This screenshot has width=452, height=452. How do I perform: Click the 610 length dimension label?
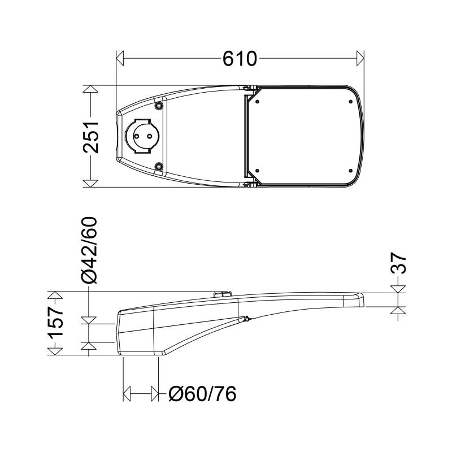click(240, 59)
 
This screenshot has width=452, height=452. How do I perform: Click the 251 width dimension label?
click(91, 137)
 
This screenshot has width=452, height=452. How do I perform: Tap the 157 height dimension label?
click(55, 323)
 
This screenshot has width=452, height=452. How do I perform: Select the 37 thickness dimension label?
click(398, 263)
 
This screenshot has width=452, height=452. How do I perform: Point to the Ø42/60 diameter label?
click(89, 250)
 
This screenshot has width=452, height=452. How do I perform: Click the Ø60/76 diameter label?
click(202, 394)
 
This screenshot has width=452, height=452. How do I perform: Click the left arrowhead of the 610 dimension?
click(120, 58)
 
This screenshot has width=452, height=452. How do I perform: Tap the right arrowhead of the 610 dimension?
click(360, 58)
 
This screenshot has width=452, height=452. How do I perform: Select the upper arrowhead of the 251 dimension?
click(90, 89)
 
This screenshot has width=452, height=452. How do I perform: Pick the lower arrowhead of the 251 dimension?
click(90, 184)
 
